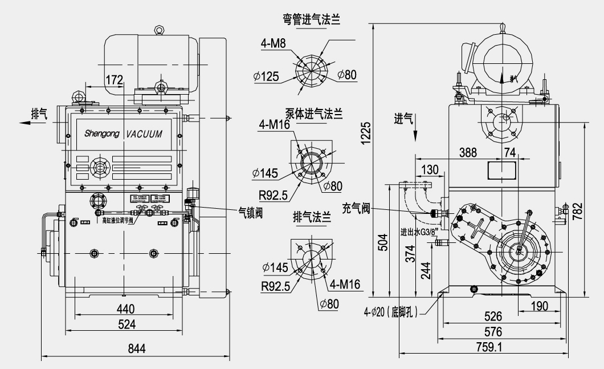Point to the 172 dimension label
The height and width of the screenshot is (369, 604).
114,80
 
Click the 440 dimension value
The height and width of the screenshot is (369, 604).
125,309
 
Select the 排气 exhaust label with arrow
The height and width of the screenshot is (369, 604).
39,112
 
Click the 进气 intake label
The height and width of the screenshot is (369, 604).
403,119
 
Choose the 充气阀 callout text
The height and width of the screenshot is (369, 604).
357,208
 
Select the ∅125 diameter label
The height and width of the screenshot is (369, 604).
267,77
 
